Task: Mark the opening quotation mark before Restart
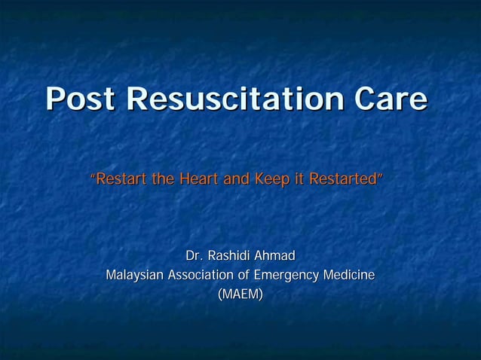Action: coord(93,178)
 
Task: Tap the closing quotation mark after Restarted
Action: coord(381,178)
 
